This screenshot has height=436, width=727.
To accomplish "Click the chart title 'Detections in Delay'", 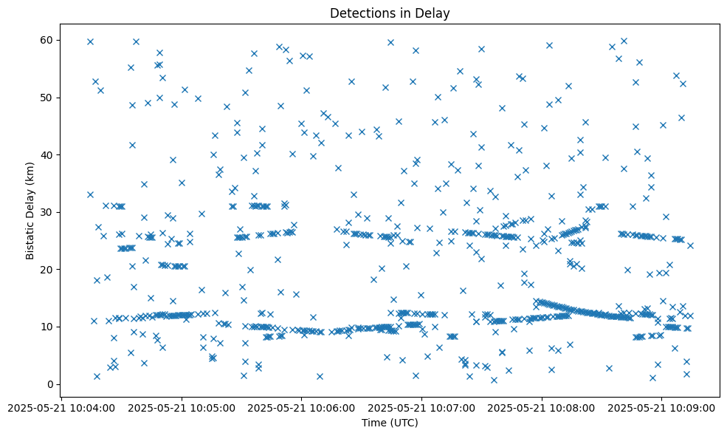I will point(390,13).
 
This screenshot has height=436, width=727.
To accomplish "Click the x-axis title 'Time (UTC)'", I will point(390,423).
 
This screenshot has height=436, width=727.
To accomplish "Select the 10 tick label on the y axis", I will point(49,327).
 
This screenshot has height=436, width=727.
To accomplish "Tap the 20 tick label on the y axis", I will point(49,270).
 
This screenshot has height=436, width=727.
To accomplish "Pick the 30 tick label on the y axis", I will point(49,212).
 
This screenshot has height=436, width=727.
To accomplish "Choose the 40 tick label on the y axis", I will point(49,155).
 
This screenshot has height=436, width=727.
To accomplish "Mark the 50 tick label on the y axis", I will point(49,98).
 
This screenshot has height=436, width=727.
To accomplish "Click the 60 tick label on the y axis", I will point(49,40).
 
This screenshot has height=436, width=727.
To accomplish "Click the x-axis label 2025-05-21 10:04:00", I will point(61,407).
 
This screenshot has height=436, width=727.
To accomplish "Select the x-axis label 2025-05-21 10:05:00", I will point(182,407).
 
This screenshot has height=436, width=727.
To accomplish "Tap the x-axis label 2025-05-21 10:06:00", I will point(302,407).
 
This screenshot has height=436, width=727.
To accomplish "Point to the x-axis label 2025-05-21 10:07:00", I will point(422,407).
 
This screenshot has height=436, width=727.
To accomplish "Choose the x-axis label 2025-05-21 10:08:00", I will point(542,407).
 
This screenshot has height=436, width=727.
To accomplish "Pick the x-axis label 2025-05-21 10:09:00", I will point(662,407).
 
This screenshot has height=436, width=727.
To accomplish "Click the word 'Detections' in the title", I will point(359,13).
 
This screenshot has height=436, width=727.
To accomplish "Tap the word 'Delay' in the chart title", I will point(434,13).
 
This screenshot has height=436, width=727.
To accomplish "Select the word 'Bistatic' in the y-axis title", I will point(30,237).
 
